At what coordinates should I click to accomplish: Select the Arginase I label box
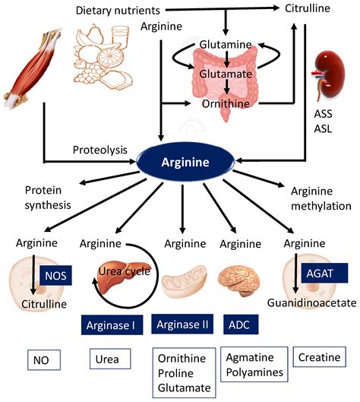coord(111,326)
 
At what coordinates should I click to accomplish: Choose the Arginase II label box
coord(182,324)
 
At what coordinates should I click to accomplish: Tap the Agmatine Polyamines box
coord(254,364)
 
